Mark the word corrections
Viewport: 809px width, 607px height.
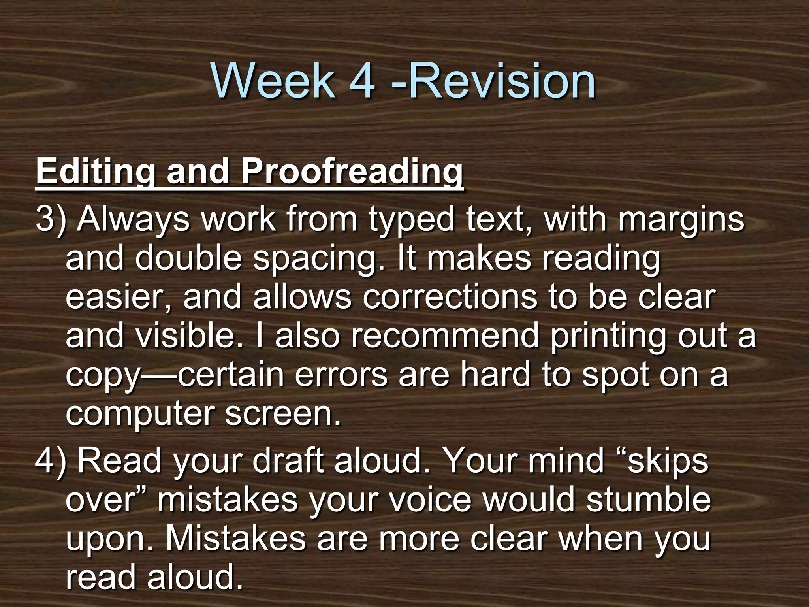pos(450,297)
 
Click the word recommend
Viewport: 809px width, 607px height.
pos(445,336)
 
